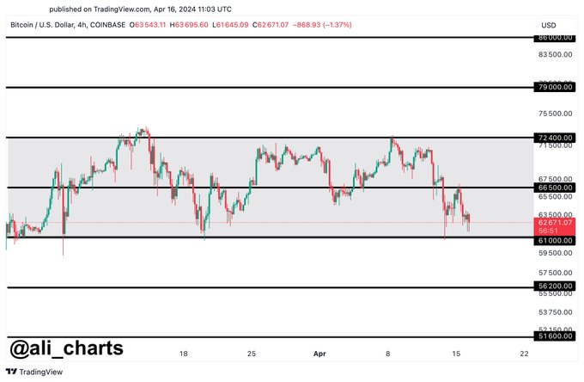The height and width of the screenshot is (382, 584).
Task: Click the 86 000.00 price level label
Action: pos(556,38)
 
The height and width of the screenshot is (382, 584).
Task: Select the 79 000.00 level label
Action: pos(556,88)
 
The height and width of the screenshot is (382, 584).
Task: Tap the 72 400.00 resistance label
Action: pos(556,138)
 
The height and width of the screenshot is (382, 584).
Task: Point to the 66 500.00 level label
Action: pos(556,187)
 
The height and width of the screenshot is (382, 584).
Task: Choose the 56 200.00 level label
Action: pos(556,286)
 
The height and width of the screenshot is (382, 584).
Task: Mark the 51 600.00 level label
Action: pos(556,337)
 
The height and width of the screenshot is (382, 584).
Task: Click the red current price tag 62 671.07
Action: pos(556,222)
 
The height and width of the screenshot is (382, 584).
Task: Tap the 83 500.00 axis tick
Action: pos(556,54)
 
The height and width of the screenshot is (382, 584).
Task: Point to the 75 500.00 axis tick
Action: pos(556,114)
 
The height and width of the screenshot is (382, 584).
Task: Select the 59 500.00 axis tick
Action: pos(556,253)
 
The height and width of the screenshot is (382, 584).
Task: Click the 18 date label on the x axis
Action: pos(183,353)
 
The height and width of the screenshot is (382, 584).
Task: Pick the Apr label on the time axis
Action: pos(319,353)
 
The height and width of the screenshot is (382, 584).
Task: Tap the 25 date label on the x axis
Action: pos(251,353)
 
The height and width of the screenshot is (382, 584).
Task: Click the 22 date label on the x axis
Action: pos(524,353)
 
